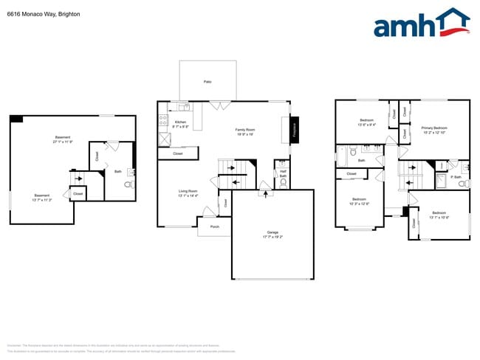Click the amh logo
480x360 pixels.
click(x=421, y=24)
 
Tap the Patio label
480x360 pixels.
click(x=208, y=81)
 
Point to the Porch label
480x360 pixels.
click(x=214, y=226)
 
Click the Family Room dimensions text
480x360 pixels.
click(x=244, y=134)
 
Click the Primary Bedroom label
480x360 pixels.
click(x=435, y=128)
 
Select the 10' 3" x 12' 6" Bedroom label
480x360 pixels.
click(x=360, y=201)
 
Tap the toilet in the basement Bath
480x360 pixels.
click(x=131, y=184)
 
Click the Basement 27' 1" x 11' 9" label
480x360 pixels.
click(x=64, y=139)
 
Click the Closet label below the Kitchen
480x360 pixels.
click(x=178, y=153)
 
